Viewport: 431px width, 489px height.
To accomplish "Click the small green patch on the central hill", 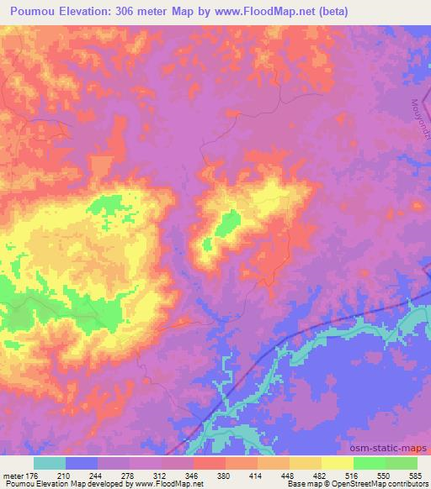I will (x=226, y=223).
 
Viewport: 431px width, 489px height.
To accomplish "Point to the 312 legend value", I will (x=162, y=475).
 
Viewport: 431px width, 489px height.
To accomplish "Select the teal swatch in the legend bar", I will (x=50, y=463).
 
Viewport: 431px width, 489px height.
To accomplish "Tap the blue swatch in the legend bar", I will (x=82, y=463).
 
